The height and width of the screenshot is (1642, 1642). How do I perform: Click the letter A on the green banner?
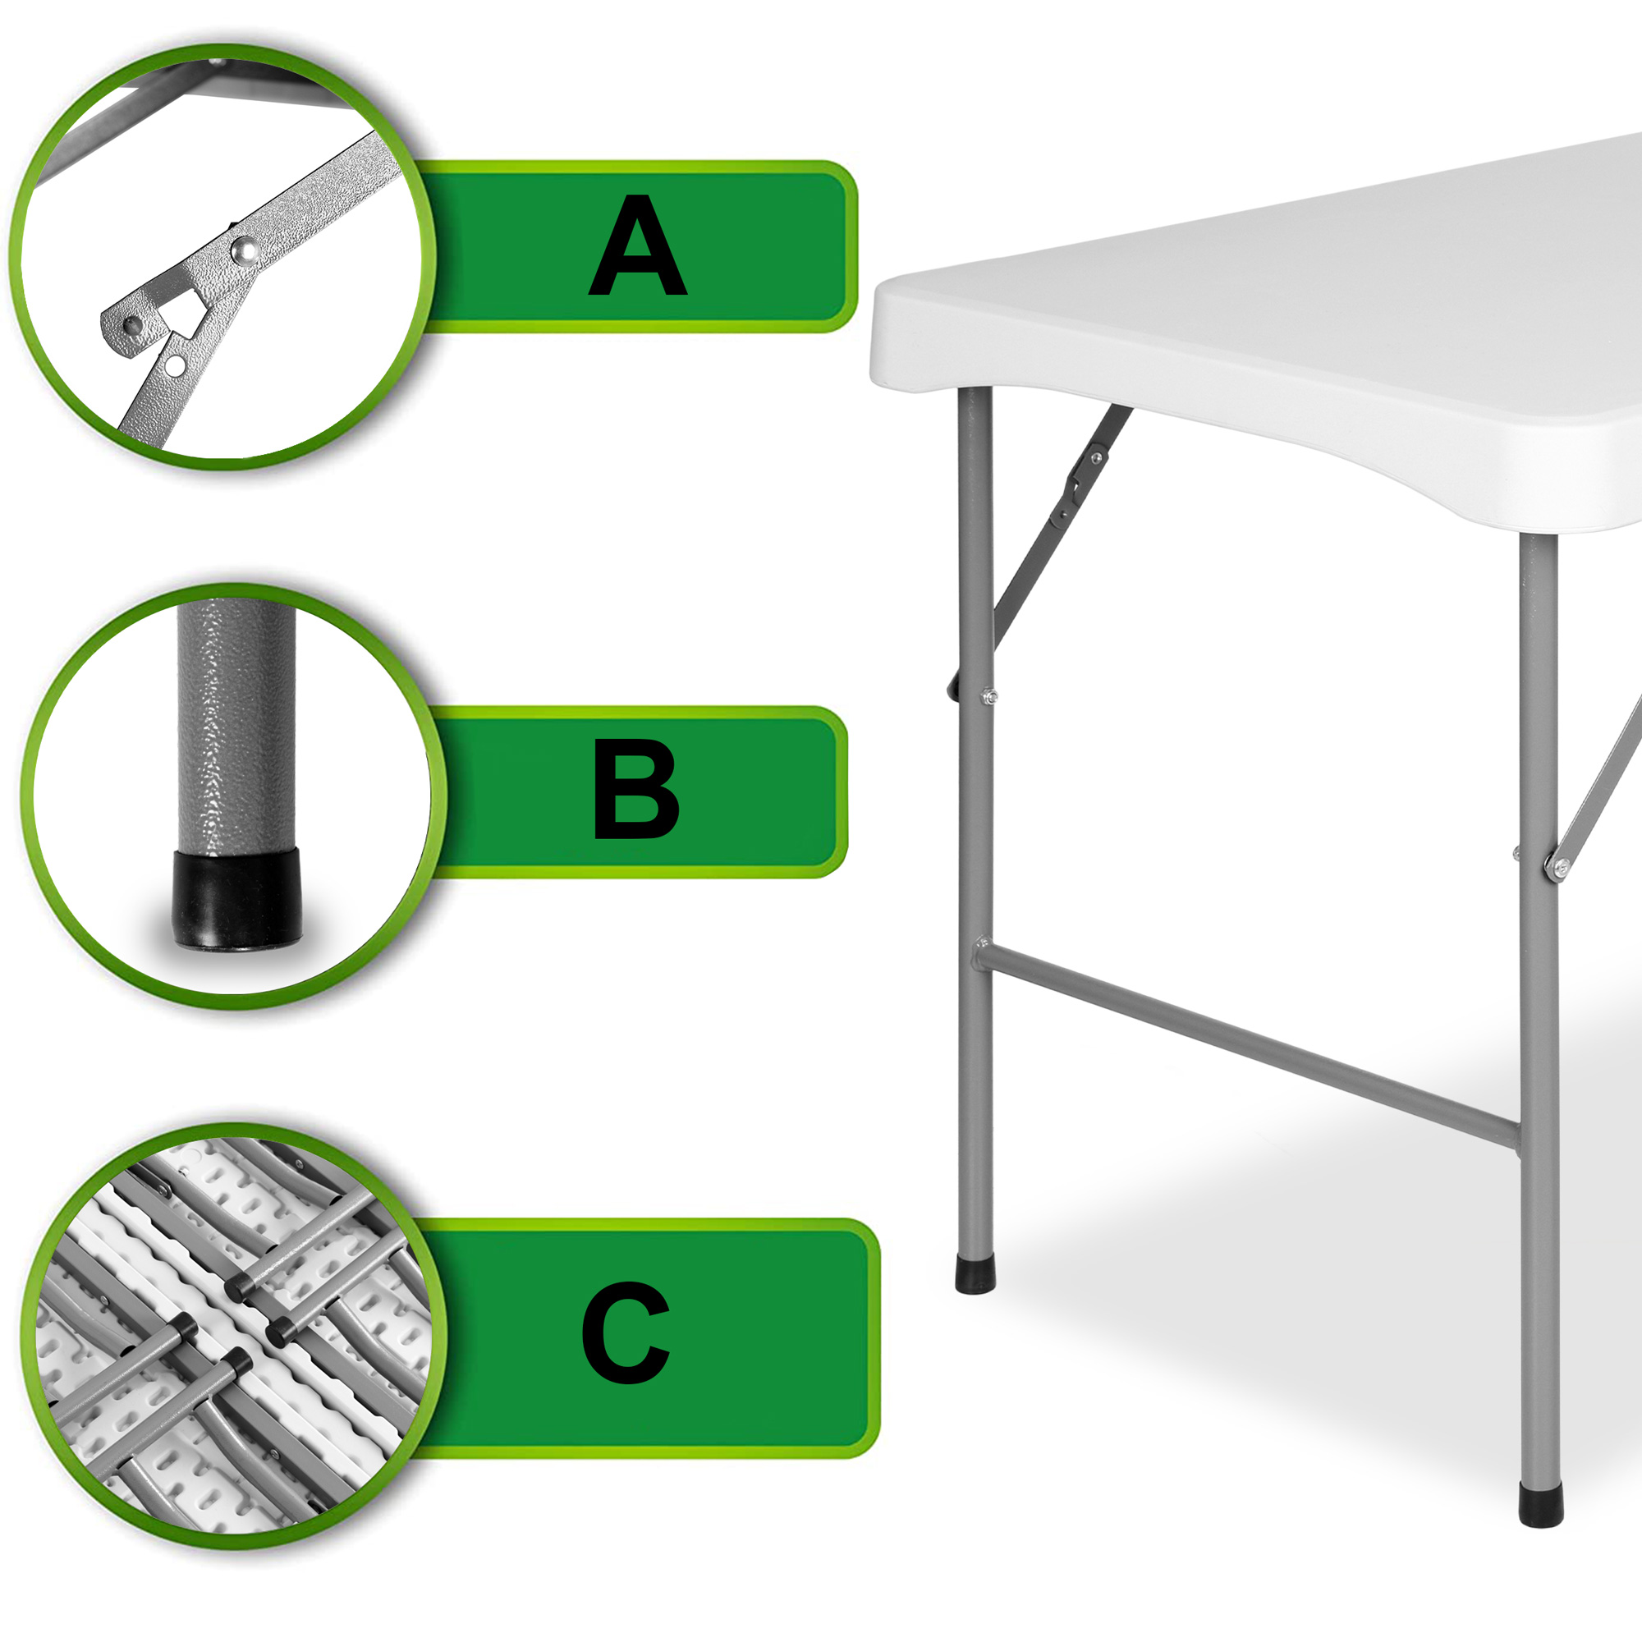637,245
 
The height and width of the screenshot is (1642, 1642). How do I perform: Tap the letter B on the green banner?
635,789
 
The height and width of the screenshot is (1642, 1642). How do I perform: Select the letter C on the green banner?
626,1332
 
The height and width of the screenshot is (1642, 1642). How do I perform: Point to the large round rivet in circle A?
245,249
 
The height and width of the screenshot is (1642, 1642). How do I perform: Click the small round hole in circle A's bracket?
176,365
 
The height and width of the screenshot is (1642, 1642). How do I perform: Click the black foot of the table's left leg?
975,1275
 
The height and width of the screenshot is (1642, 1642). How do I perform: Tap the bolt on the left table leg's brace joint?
988,697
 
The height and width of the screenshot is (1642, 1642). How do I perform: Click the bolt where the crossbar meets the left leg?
982,943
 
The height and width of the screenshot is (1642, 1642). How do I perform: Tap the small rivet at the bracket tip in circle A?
131,325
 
